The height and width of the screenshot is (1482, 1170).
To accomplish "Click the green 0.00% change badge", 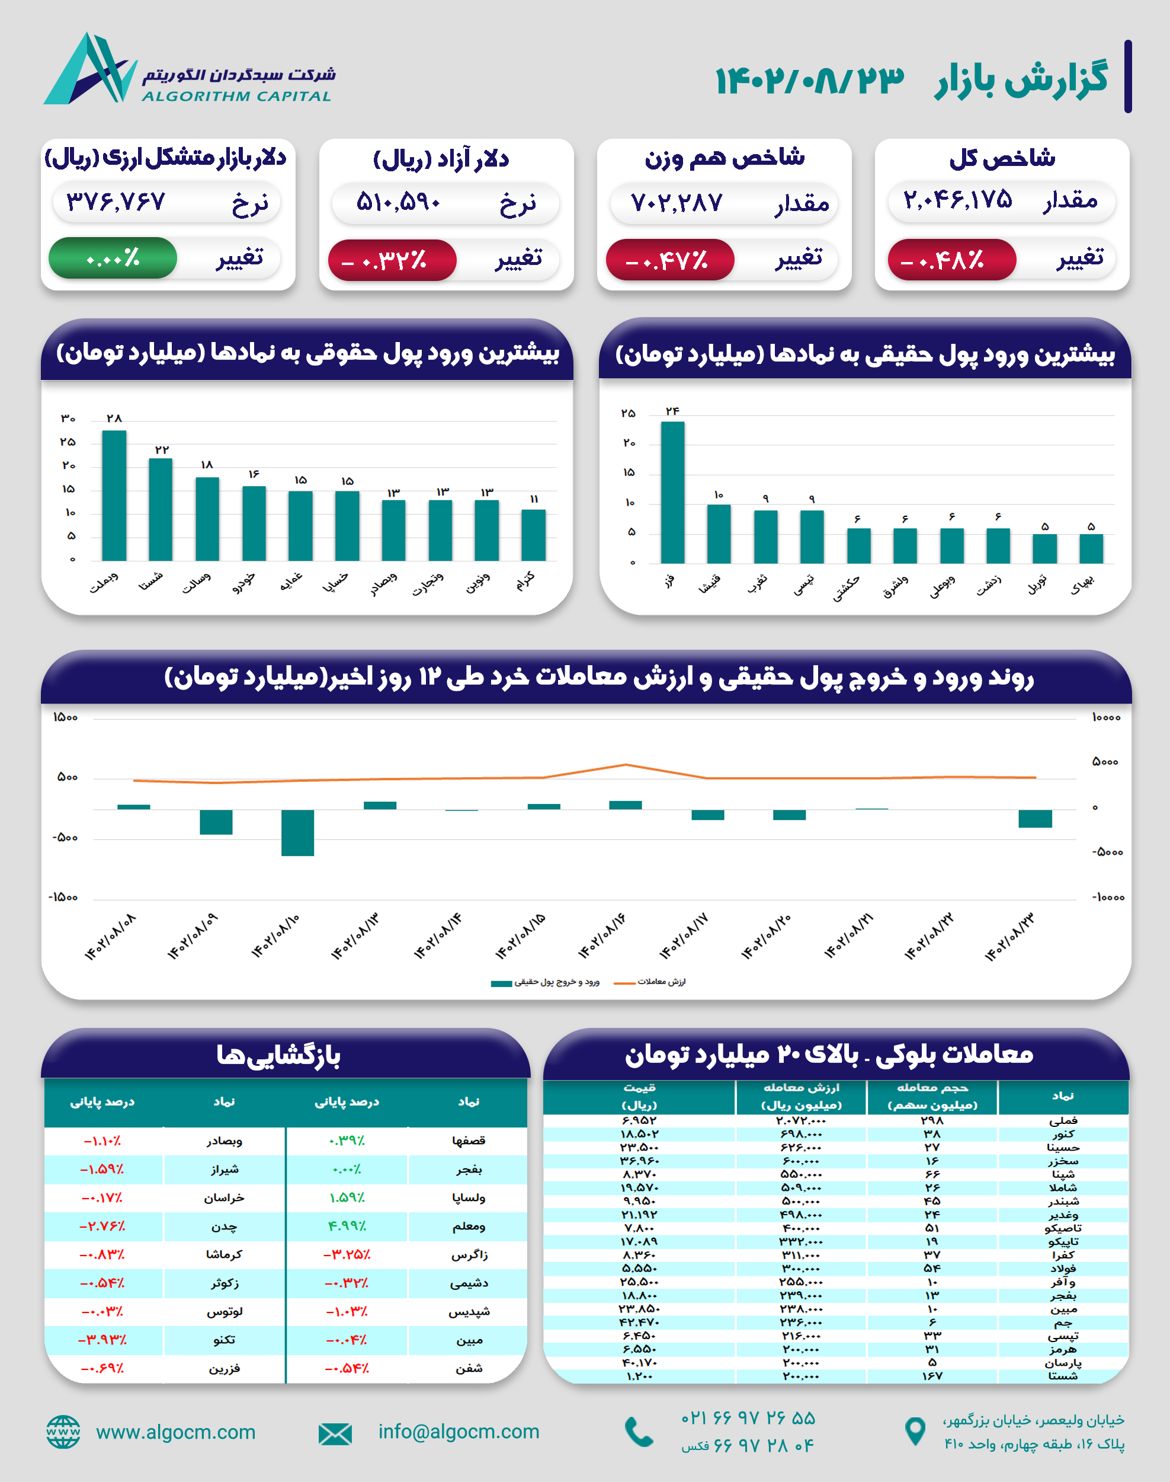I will tap(113, 258).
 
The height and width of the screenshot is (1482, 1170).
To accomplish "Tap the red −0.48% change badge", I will tap(951, 260).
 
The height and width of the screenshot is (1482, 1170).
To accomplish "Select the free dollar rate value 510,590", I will tap(398, 203).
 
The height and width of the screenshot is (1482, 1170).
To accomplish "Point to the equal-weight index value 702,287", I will tap(676, 203).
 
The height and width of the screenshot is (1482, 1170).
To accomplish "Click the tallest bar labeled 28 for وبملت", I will tap(114, 496).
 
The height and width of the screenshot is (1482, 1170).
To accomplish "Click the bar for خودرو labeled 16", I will tap(254, 523).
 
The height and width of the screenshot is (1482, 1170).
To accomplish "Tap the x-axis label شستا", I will tap(150, 582).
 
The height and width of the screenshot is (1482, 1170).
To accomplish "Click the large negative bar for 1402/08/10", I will tap(297, 832).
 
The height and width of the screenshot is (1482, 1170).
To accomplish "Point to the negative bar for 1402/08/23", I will tap(1034, 819).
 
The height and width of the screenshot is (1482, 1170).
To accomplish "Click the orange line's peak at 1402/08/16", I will tap(626, 765).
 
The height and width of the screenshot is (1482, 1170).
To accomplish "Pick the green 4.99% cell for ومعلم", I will tap(347, 1227).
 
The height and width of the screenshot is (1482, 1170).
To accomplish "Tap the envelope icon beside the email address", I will tap(335, 1433).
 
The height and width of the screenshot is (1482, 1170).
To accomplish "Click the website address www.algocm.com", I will tap(175, 1432).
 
